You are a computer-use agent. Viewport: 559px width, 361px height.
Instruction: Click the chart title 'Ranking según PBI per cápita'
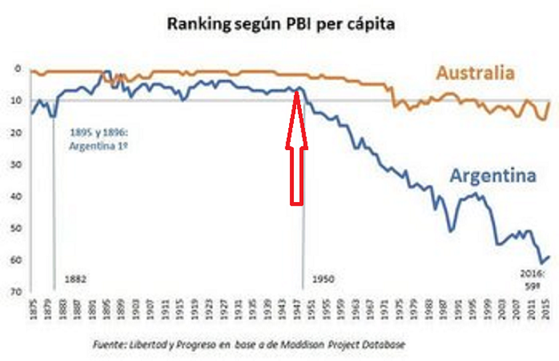point(281,24)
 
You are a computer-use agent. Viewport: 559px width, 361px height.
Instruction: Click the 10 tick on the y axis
point(15,100)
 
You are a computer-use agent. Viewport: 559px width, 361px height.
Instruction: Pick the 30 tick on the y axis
point(15,164)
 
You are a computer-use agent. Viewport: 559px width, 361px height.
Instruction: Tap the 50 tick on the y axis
point(15,228)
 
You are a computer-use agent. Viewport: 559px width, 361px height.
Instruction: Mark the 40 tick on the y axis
point(15,196)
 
